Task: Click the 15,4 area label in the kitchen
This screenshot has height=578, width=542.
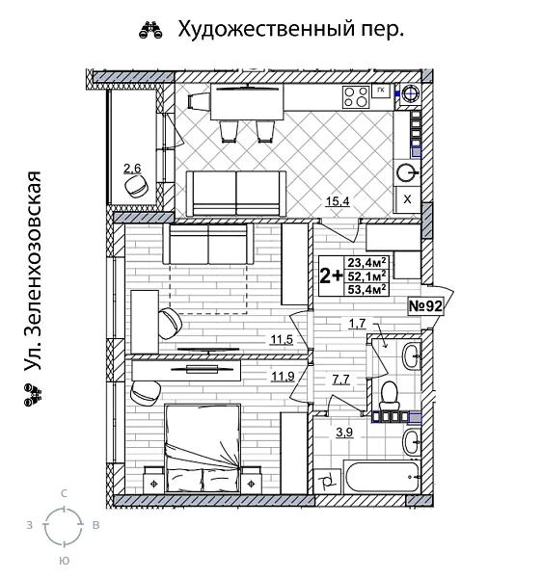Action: point(337,202)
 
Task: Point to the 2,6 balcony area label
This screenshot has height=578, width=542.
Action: point(131,170)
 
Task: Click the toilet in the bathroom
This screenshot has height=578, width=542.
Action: point(391,394)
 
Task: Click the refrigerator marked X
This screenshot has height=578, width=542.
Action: point(407,198)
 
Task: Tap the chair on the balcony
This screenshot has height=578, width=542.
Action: point(136,189)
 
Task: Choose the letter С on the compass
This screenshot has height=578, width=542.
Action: point(64,493)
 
